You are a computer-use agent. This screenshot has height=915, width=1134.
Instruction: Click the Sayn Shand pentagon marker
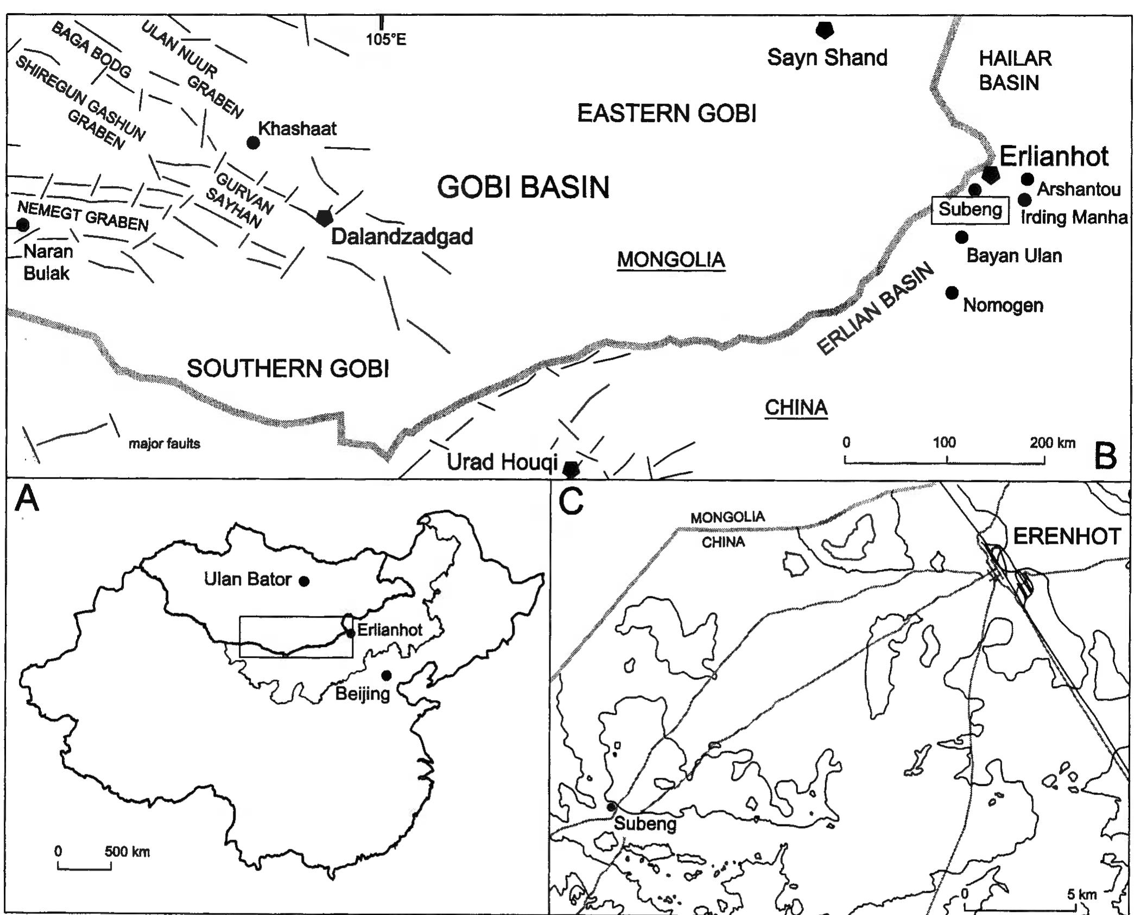[x=825, y=30]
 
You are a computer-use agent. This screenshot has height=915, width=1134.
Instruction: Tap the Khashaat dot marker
[x=253, y=143]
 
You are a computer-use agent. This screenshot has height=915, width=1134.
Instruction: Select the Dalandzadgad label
[x=402, y=237]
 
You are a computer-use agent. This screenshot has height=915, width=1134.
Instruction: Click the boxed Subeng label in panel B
[x=970, y=209]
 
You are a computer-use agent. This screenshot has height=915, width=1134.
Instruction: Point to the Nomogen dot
[x=952, y=293]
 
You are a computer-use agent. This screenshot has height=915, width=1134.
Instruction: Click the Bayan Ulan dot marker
[x=961, y=237]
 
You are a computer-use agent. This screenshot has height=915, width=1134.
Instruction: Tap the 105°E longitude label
[x=385, y=40]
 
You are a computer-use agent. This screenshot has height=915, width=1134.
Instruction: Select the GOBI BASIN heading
[x=523, y=187]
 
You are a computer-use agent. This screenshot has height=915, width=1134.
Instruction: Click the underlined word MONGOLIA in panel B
[x=671, y=260]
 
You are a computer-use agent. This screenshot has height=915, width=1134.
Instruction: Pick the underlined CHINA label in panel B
[x=796, y=408]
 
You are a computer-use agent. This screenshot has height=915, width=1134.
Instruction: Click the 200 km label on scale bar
[x=1052, y=443]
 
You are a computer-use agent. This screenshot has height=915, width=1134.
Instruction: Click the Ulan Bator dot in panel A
[x=305, y=581]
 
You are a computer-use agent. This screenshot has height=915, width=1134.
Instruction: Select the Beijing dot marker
[x=387, y=675]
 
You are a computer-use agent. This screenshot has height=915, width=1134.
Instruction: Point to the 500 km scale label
[x=127, y=852]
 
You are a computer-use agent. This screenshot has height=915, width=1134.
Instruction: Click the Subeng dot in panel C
[x=611, y=807]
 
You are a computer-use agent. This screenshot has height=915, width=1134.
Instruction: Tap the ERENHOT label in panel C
[x=1067, y=537]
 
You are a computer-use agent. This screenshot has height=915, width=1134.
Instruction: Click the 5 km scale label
[x=1081, y=894]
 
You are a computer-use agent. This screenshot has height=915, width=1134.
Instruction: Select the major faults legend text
[x=164, y=444]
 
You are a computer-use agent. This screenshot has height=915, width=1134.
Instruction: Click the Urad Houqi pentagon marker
[x=571, y=469]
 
